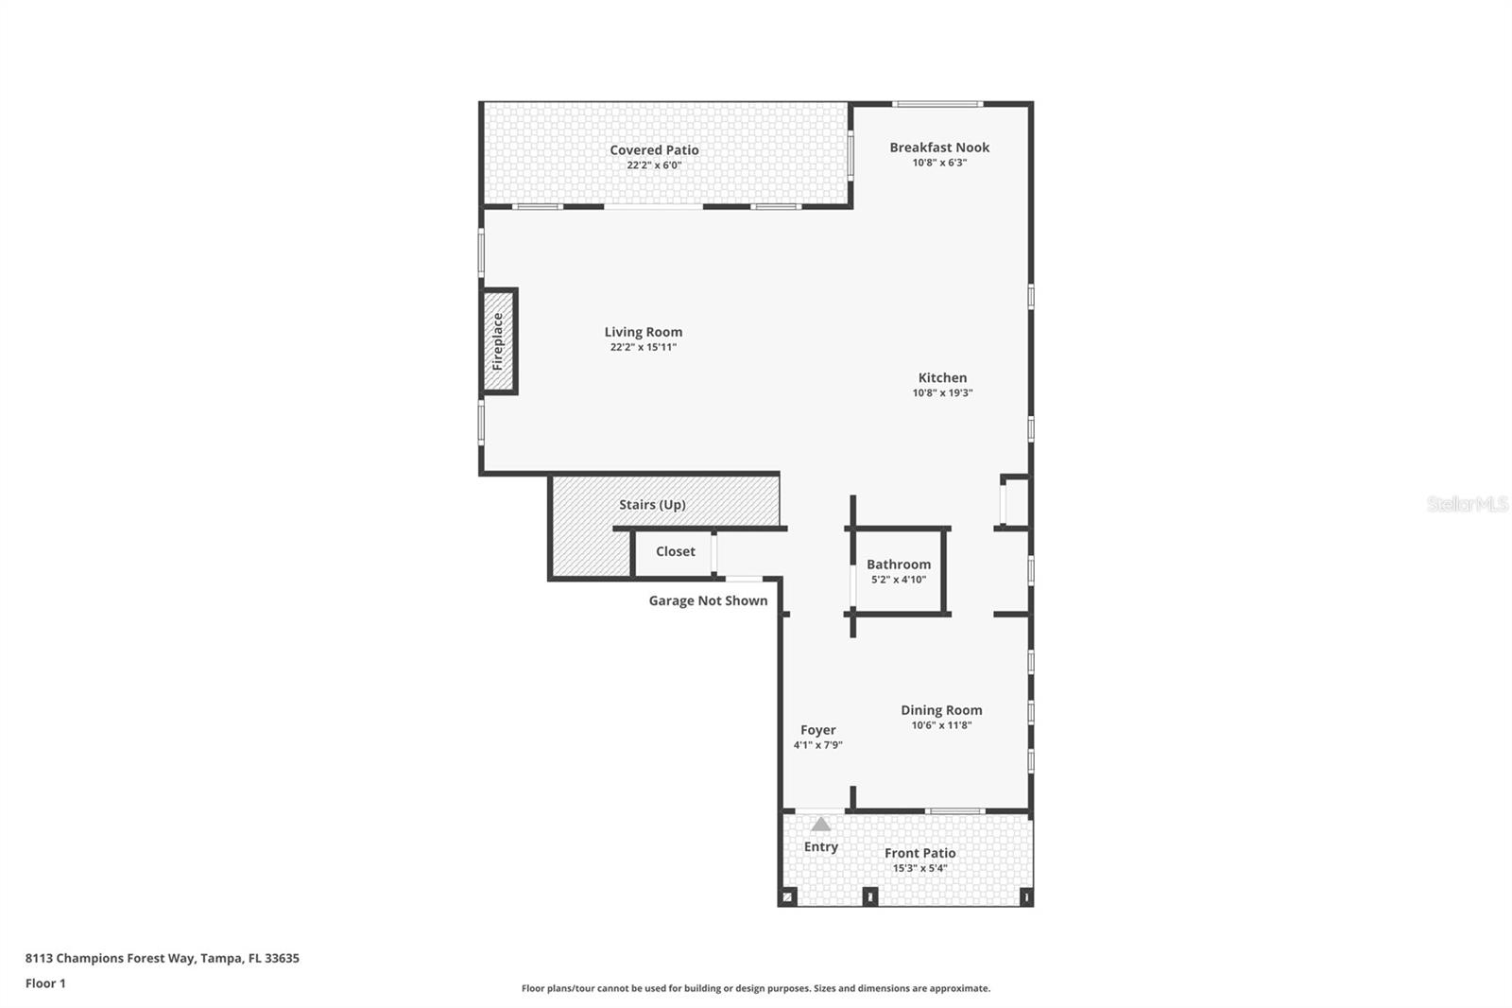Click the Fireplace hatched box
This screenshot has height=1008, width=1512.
[x=498, y=341]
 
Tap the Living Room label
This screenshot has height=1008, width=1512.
[x=644, y=332]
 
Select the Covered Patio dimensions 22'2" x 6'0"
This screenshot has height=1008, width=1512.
[x=654, y=165]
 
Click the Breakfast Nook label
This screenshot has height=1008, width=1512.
[x=939, y=148]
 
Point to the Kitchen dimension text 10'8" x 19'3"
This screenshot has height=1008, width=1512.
[x=942, y=393]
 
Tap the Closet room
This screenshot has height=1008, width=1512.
[x=675, y=552]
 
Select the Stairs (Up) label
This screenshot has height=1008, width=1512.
[x=652, y=505]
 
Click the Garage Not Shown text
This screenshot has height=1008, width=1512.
[x=708, y=601]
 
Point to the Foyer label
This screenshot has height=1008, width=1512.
[x=817, y=730]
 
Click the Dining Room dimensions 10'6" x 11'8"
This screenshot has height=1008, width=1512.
[x=941, y=726]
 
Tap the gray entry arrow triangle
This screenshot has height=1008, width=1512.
[x=820, y=825]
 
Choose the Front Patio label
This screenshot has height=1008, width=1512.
[x=919, y=853]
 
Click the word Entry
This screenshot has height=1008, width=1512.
[x=820, y=847]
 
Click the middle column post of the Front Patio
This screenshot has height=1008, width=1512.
[x=870, y=895]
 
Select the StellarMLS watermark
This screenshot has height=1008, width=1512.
[x=1467, y=504]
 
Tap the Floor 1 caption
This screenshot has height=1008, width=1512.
[x=45, y=983]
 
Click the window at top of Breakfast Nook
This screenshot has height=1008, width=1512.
[x=937, y=104]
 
